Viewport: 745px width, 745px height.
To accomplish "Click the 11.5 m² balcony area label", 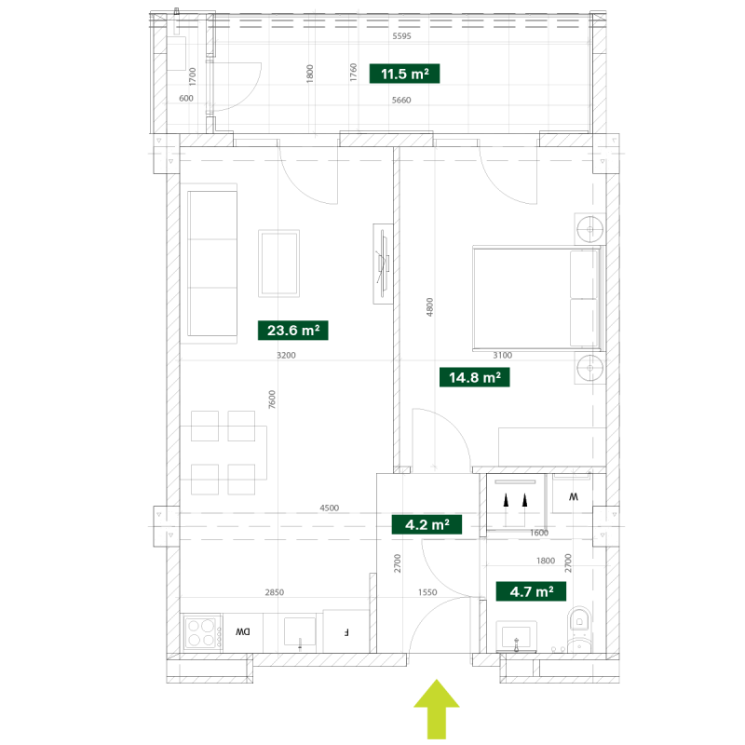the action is pos(404,74).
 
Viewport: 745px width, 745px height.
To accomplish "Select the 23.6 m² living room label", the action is pos(293,331).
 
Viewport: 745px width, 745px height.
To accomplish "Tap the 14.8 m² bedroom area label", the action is pos(475,377).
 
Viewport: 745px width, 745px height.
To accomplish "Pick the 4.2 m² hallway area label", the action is pos(427,524).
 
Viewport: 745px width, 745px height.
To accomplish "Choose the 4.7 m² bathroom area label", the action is pos(531,591).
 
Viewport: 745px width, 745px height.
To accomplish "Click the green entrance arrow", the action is pos(437,709).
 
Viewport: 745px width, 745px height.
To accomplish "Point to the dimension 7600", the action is pos(272,400).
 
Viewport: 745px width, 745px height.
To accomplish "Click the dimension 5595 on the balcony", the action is pos(401,36).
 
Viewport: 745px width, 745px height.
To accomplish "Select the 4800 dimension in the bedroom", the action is pos(429,307).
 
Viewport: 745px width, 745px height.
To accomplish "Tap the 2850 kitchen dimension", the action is pos(275,592).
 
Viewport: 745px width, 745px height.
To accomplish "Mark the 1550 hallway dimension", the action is pos(427,592).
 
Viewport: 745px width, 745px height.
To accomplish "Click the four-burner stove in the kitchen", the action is pos(203,633).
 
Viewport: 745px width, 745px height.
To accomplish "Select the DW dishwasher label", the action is pos(243,632).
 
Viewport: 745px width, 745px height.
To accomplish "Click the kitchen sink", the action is pos(300,632).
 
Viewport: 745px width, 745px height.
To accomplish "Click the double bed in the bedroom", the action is pos(537,298).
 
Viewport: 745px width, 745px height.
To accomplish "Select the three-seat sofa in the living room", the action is pos(212,264).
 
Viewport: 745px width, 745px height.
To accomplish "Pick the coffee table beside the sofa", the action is pos(278,264).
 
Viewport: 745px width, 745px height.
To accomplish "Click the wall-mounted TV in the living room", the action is pos(383,264).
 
